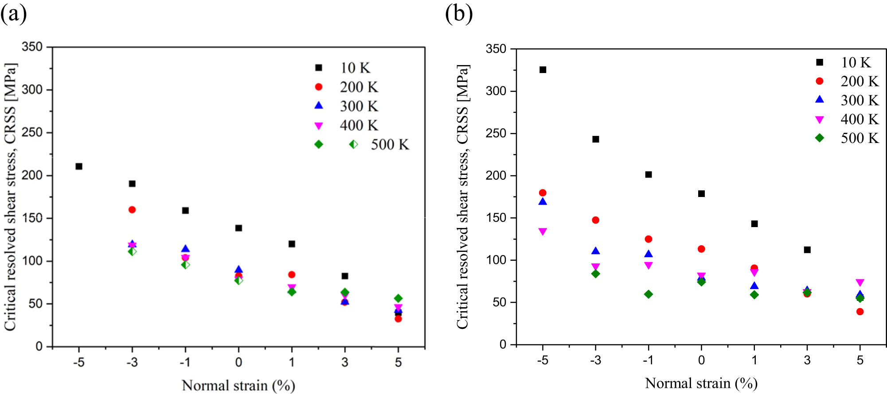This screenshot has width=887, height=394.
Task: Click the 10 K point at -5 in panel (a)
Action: pyautogui.click(x=79, y=166)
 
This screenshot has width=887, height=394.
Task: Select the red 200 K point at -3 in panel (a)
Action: pyautogui.click(x=132, y=210)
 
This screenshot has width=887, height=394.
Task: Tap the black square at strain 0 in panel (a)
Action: pyautogui.click(x=238, y=228)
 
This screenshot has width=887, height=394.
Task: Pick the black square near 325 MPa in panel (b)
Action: pyautogui.click(x=543, y=70)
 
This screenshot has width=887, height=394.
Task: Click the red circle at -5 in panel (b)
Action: pyautogui.click(x=543, y=193)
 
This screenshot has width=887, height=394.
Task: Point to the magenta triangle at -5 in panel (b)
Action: pyautogui.click(x=543, y=232)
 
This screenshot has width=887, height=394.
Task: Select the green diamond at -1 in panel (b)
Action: pyautogui.click(x=649, y=294)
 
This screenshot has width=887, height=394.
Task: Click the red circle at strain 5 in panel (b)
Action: pyautogui.click(x=860, y=312)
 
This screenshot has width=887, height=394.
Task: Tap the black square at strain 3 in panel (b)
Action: pyautogui.click(x=807, y=250)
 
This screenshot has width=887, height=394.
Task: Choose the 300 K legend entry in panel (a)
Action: pyautogui.click(x=359, y=106)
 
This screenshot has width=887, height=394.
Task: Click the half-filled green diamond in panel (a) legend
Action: pyautogui.click(x=353, y=144)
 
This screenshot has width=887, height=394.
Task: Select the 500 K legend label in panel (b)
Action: pyautogui.click(x=860, y=138)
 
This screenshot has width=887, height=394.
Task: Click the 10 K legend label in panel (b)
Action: pyautogui.click(x=856, y=62)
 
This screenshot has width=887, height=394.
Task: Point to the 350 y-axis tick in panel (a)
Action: pyautogui.click(x=32, y=47)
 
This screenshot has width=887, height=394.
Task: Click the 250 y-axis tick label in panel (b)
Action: pyautogui.click(x=496, y=133)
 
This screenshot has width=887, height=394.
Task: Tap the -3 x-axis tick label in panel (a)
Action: pyautogui.click(x=132, y=363)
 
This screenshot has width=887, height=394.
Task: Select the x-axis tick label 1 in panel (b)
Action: pyautogui.click(x=754, y=360)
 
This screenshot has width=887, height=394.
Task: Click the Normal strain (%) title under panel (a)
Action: pyautogui.click(x=238, y=386)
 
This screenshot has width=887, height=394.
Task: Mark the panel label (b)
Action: pyautogui.click(x=459, y=13)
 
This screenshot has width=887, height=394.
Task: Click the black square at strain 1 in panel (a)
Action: pyautogui.click(x=292, y=244)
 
